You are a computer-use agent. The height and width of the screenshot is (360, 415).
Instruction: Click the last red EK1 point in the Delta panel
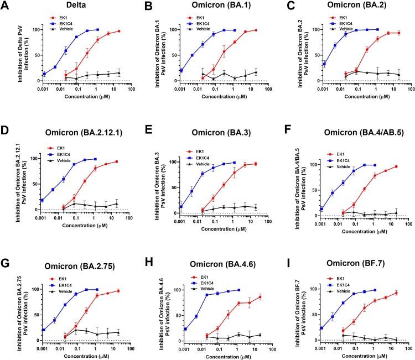(119, 31)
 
